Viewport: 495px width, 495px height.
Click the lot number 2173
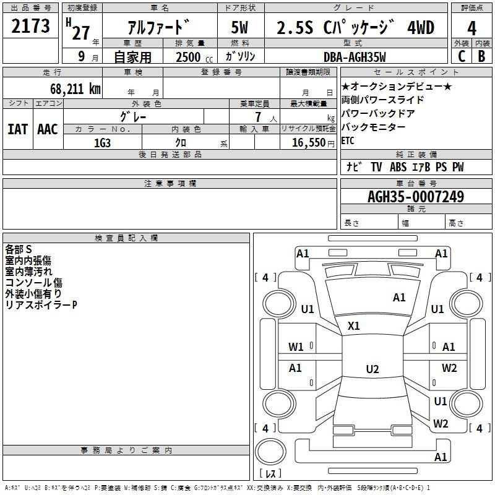coord(30,25)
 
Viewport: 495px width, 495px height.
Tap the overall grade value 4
coord(471,28)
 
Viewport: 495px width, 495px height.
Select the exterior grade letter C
coord(462,56)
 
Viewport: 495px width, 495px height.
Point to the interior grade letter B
coord(481,56)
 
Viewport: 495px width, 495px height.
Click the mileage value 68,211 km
coord(75,89)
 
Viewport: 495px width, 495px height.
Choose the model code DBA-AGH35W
coord(355,57)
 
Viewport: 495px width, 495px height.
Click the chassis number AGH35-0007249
coord(416,197)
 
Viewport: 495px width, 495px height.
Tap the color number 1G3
coord(102,143)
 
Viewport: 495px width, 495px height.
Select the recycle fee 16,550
coord(308,143)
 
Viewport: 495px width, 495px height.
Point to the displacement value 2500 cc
coord(194,57)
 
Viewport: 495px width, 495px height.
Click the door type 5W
coord(239,27)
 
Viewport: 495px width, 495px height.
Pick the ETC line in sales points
coord(348,140)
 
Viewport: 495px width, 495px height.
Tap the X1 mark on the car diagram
coord(353,325)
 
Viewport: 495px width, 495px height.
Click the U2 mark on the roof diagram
coord(372,369)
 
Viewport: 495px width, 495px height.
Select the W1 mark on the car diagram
coord(296,347)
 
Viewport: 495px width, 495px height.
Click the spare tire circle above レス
coord(270,452)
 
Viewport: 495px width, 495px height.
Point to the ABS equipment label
coord(398,167)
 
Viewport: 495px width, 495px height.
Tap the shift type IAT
coord(18,129)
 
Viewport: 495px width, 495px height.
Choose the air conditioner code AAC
coord(48,129)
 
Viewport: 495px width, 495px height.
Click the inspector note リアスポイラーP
coord(41,305)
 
